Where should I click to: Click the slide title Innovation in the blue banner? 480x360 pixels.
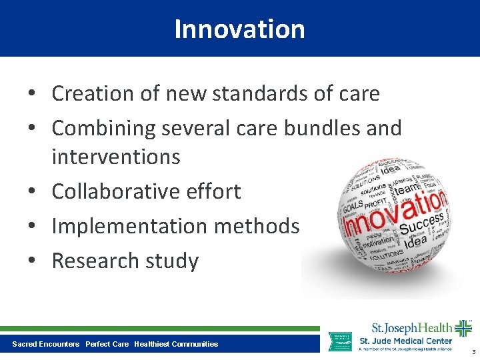click(x=239, y=29)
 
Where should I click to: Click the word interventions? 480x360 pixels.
click(x=116, y=157)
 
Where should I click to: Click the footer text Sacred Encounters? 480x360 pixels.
click(x=46, y=344)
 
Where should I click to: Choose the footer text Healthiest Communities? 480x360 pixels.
click(x=176, y=344)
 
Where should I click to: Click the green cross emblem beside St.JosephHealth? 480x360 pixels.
click(x=463, y=328)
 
